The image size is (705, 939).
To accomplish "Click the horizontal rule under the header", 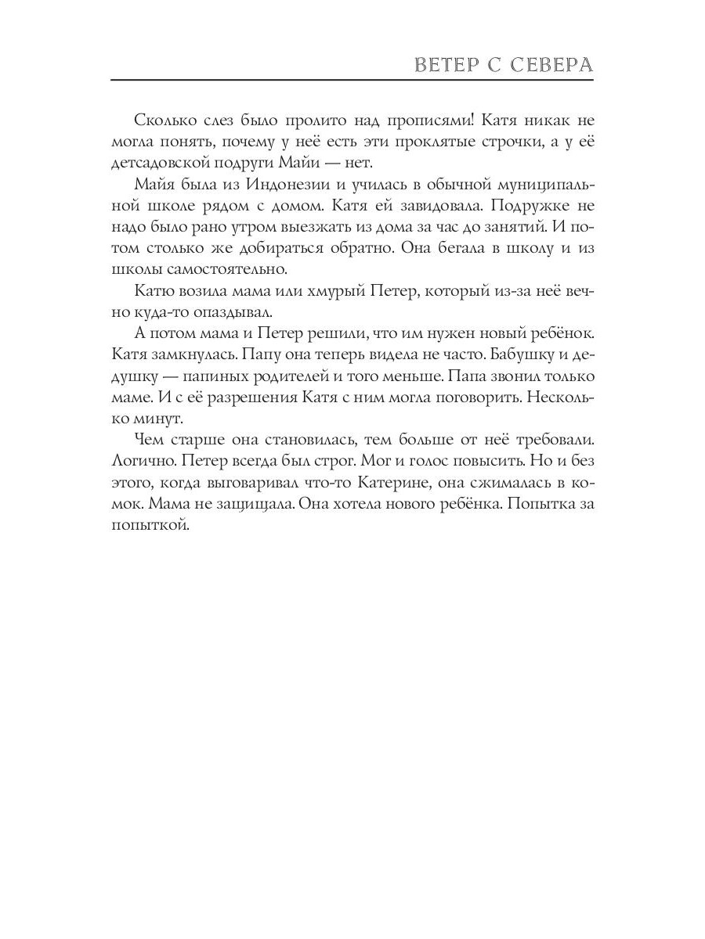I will point(352,80).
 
